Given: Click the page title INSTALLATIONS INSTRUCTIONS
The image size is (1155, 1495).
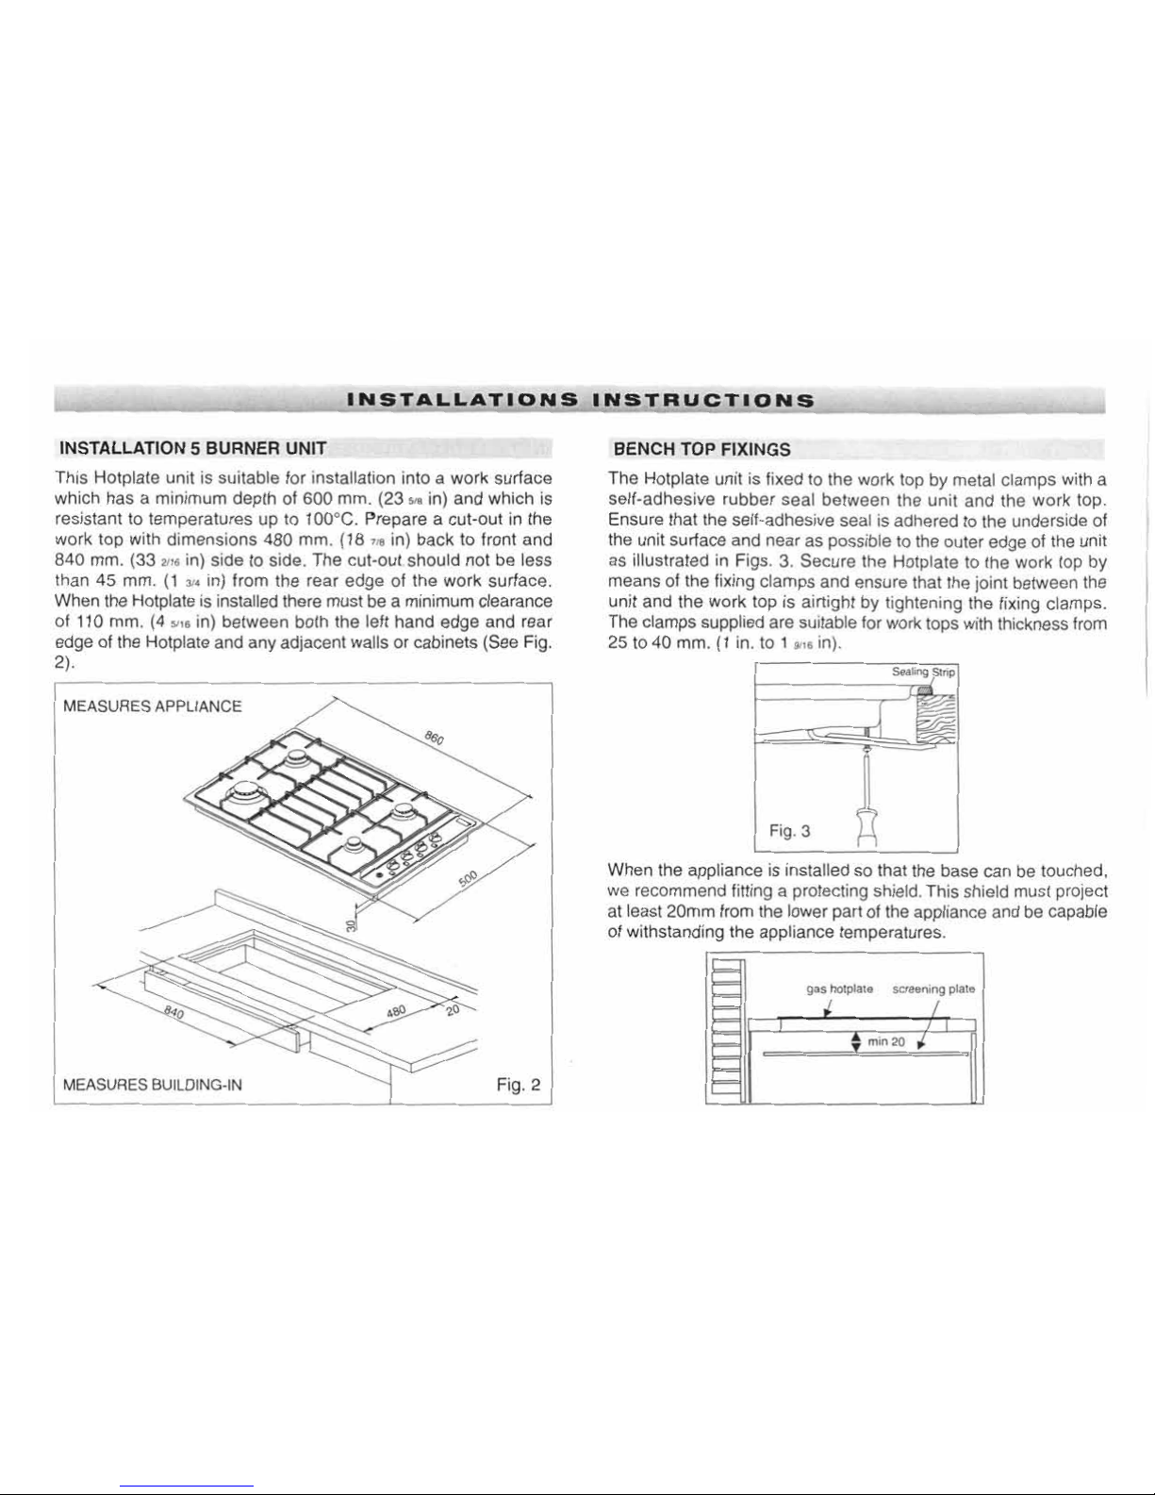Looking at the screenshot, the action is point(581,400).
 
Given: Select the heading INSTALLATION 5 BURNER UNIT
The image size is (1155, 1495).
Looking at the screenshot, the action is point(193,449).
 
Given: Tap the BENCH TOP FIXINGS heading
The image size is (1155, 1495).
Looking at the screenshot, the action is point(701,449).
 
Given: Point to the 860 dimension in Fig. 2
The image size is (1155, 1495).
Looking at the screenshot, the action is point(435,739).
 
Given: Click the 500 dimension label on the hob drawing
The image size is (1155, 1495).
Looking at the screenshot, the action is point(468,880).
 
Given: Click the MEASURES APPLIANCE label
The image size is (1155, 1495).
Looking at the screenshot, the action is point(153,706).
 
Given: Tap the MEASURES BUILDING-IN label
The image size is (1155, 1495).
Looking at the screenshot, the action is point(153,1085).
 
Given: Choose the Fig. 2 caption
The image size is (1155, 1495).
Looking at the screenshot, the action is point(519,1085).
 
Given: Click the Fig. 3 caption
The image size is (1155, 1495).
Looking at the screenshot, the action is point(790,831).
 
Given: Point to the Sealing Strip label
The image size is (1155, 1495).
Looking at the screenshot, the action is point(923,672).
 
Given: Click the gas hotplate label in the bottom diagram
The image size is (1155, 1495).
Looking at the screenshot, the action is point(839,988).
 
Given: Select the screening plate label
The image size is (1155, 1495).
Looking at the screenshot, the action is point(933,988).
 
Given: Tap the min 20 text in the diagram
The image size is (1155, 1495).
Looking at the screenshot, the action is point(886,1041).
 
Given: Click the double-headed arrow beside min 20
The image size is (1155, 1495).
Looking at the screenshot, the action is point(856,1041).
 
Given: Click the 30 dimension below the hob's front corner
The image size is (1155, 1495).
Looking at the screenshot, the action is point(352,925).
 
